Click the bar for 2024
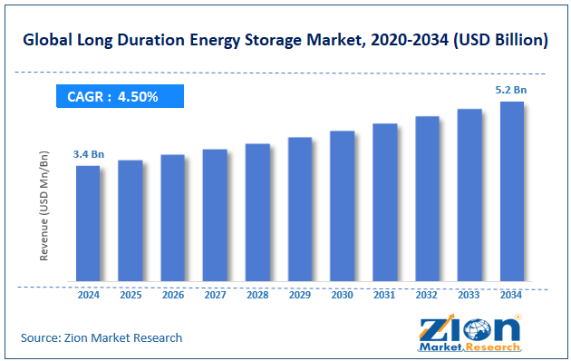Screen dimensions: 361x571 [x=88, y=223]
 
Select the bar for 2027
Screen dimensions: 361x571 [x=215, y=215]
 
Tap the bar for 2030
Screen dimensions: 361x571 [x=342, y=206]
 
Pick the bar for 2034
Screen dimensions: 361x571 [x=512, y=191]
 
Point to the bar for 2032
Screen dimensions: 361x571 [x=427, y=199]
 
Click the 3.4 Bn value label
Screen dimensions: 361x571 [x=88, y=154]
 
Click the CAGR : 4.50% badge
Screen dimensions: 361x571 [x=120, y=96]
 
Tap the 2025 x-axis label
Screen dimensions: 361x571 [x=131, y=295]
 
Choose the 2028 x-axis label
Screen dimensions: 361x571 [x=257, y=295]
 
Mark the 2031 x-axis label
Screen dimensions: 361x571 [x=384, y=295]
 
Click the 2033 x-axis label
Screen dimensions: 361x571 [x=469, y=295]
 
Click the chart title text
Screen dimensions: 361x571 [x=285, y=41]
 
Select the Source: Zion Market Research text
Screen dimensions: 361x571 [x=102, y=337]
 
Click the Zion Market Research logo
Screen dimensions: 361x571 [x=469, y=332]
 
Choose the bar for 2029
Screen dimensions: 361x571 [x=300, y=210]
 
